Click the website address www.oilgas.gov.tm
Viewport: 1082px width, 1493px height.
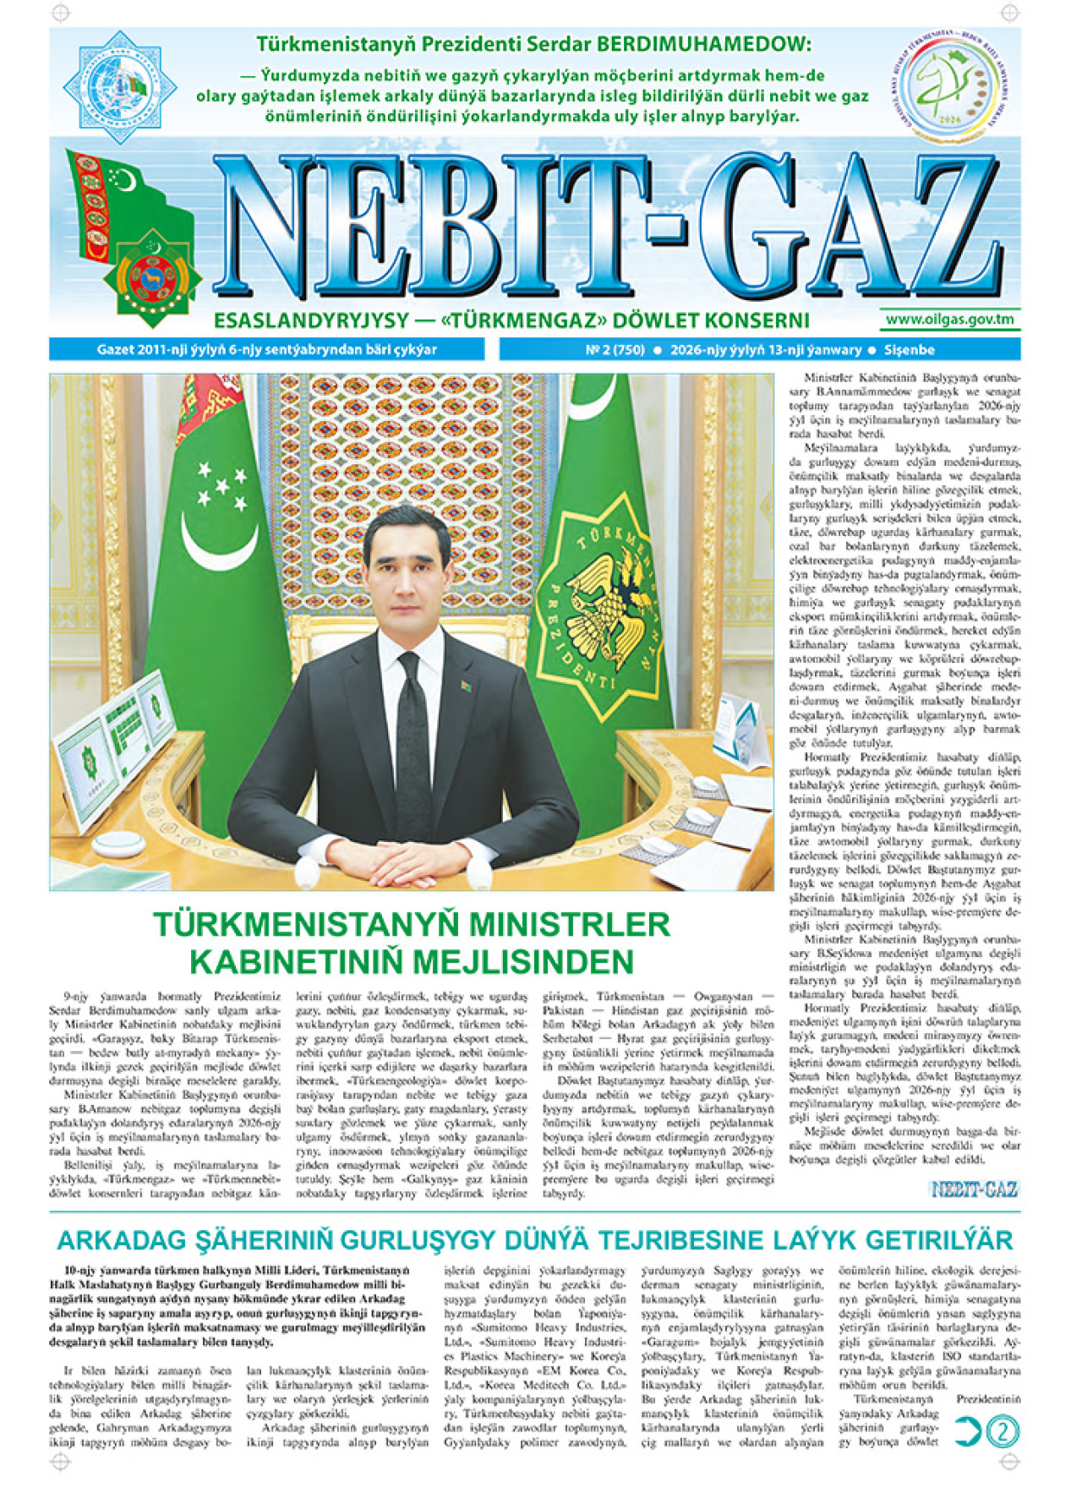[949, 320]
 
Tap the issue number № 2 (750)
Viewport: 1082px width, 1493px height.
[615, 350]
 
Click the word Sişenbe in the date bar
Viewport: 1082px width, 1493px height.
[910, 350]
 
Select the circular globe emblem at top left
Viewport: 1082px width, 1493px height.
[120, 85]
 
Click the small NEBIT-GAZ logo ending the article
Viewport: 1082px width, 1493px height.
[975, 1189]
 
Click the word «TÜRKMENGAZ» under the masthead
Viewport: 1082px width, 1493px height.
[513, 320]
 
